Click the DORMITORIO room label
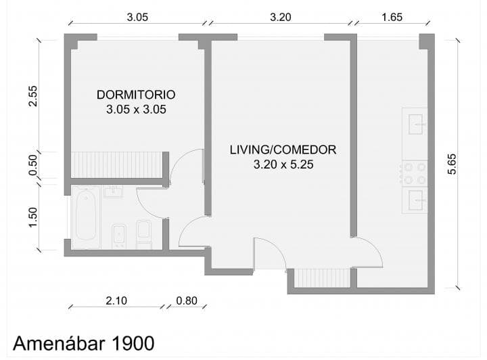pyautogui.click(x=136, y=95)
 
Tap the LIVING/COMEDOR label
pyautogui.click(x=283, y=150)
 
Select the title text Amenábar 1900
pyautogui.click(x=84, y=344)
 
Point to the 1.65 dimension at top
pyautogui.click(x=392, y=17)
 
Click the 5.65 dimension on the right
pyautogui.click(x=452, y=164)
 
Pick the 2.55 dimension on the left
pyautogui.click(x=32, y=96)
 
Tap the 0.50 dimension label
pyautogui.click(x=32, y=165)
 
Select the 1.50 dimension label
pyautogui.click(x=32, y=217)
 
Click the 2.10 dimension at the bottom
pyautogui.click(x=116, y=300)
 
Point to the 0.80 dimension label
pyautogui.click(x=187, y=300)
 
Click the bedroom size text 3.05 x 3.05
pyautogui.click(x=136, y=110)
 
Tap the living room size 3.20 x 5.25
pyautogui.click(x=283, y=164)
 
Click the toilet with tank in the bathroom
pyautogui.click(x=144, y=234)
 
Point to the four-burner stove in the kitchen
pyautogui.click(x=415, y=173)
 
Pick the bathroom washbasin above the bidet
pyautogui.click(x=114, y=192)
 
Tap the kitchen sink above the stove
pyautogui.click(x=415, y=125)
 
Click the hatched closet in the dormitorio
pyautogui.click(x=117, y=164)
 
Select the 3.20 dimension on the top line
pyautogui.click(x=281, y=17)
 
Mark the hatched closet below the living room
pyautogui.click(x=322, y=278)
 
